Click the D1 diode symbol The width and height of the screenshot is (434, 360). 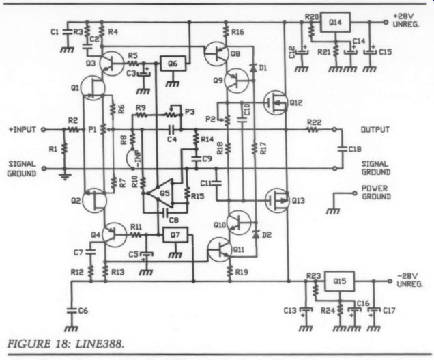tap(253, 68)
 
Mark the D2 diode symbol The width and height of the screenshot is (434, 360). tap(256, 235)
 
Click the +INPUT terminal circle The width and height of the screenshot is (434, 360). tap(43, 129)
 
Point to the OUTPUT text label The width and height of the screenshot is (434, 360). tap(375, 129)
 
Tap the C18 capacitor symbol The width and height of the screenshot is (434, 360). tap(343, 149)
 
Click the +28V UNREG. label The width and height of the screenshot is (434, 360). tap(406, 20)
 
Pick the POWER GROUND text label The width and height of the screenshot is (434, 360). tap(376, 193)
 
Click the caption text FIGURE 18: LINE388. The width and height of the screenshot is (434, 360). tap(66, 344)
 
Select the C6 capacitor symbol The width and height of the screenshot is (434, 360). tap(72, 311)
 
